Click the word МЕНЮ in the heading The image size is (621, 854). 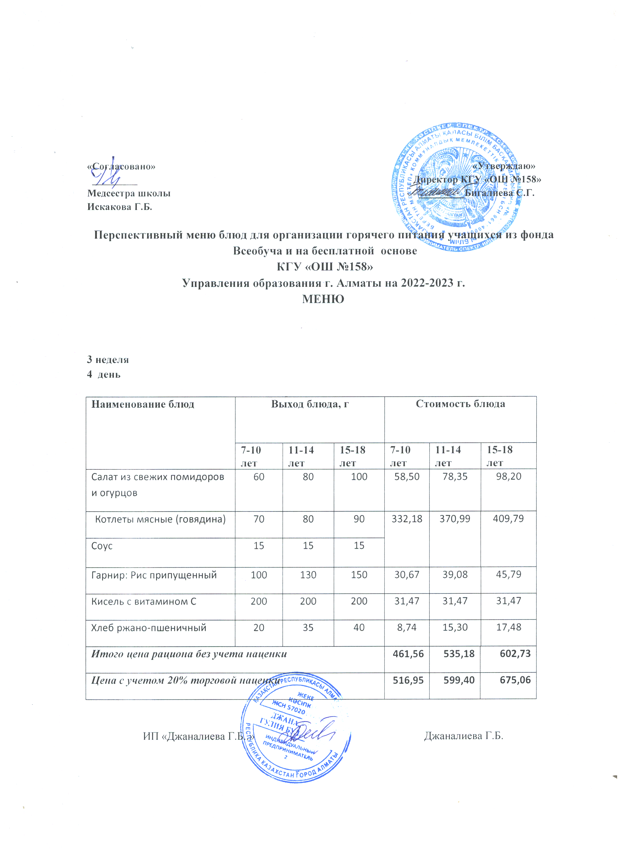323,299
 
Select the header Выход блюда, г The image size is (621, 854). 310,404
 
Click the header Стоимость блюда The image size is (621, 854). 460,404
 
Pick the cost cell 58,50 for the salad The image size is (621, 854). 407,477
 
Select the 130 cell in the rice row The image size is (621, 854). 308,575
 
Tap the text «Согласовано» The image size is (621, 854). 121,166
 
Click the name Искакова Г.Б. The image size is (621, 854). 120,207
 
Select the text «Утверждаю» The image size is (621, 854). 504,166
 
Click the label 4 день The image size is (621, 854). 104,374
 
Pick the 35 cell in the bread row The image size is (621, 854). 308,627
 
